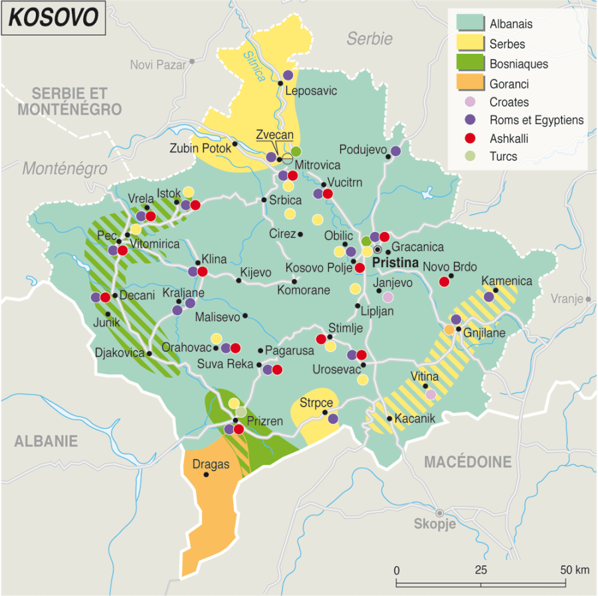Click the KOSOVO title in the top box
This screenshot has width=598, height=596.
[x=52, y=19]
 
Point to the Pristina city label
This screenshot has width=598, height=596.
[x=396, y=263]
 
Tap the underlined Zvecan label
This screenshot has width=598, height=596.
[x=274, y=134]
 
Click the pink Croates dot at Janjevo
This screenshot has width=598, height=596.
[x=388, y=297]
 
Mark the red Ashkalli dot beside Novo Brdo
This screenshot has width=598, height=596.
[x=444, y=282]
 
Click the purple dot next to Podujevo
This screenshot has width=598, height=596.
[x=396, y=151]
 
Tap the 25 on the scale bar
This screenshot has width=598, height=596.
[x=481, y=569]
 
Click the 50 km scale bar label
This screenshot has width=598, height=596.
[x=575, y=569]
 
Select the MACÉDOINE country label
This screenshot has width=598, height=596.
[x=468, y=462]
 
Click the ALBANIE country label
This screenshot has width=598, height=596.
[x=47, y=441]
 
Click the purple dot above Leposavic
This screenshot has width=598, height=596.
[x=288, y=75]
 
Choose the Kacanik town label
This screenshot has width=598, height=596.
[x=414, y=419]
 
